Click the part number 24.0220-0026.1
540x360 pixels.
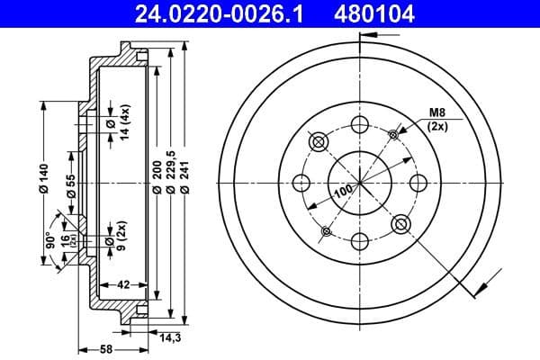(x=194, y=13)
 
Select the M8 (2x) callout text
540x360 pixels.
(x=437, y=119)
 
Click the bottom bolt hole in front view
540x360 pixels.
(x=359, y=239)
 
